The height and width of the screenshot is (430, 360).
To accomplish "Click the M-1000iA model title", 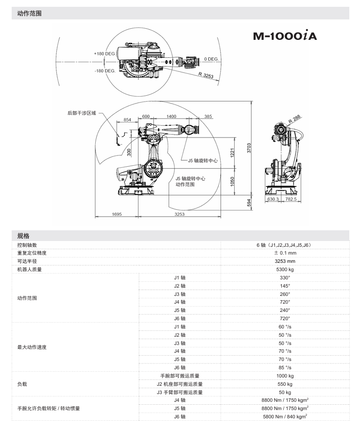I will (285, 36).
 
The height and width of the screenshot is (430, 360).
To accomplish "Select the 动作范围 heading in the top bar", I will (29, 14).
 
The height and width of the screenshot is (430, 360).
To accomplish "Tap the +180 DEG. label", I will (104, 53).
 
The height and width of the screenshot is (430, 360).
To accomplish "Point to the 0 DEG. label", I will (211, 59).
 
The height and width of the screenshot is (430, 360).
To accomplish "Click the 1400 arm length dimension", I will (171, 117).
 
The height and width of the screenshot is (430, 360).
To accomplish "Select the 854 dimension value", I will (128, 120).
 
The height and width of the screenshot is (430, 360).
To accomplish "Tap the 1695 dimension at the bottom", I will (117, 214).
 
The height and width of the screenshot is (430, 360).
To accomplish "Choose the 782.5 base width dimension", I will (291, 199).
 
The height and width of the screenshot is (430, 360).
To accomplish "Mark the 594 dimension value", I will (248, 202).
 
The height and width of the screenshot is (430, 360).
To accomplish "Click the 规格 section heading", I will (24, 236).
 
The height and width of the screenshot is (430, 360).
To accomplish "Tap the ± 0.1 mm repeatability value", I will (285, 253).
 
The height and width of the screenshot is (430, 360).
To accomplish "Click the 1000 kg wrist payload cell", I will (285, 376).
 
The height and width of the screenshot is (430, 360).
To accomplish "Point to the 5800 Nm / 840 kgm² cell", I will (285, 417).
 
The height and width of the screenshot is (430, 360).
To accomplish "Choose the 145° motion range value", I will (285, 286).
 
